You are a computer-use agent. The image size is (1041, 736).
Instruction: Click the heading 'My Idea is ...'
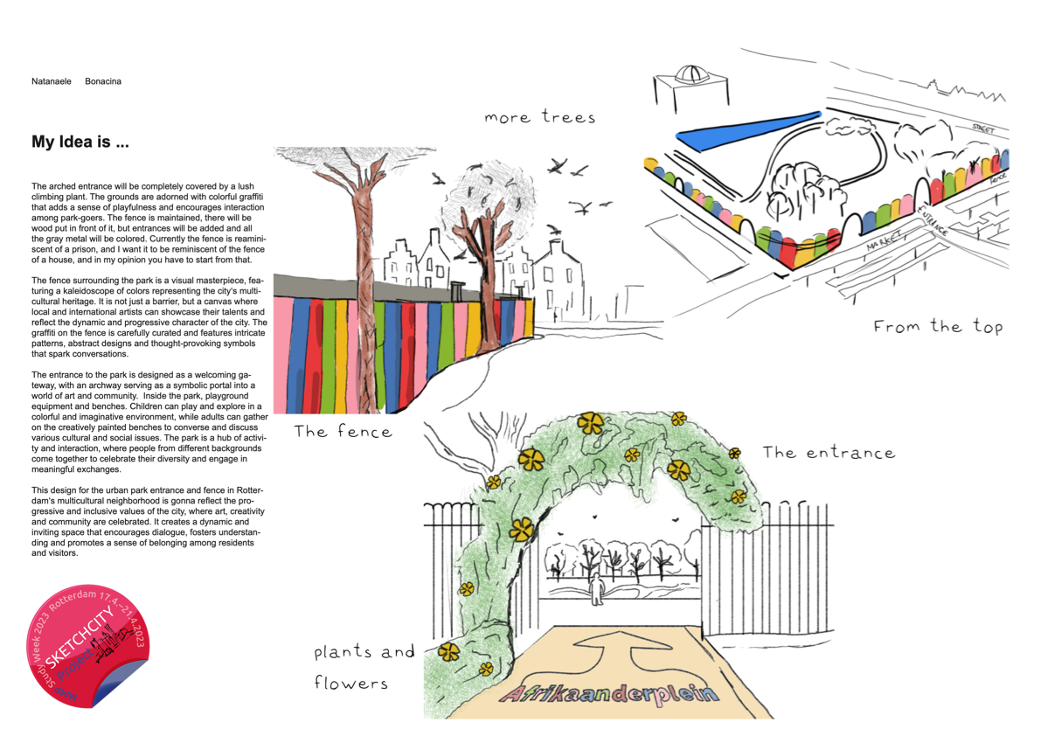coord(80,142)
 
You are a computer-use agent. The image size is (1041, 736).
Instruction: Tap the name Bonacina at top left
coord(103,81)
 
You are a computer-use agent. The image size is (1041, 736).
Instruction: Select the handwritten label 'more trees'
coord(539,117)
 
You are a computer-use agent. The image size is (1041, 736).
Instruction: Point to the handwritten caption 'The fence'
coord(343,431)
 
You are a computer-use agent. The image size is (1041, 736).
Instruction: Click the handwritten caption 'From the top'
coord(938,327)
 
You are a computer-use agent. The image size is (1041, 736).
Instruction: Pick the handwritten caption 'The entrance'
coord(829,453)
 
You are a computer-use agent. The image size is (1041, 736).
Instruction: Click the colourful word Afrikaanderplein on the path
coord(608,695)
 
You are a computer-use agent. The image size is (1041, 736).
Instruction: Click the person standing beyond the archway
coord(598,590)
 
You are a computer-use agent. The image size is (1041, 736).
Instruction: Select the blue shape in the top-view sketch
coord(747,128)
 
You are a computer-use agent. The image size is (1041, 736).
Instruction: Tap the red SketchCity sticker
coord(89,645)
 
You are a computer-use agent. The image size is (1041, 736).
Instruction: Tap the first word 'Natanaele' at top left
coord(52,81)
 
